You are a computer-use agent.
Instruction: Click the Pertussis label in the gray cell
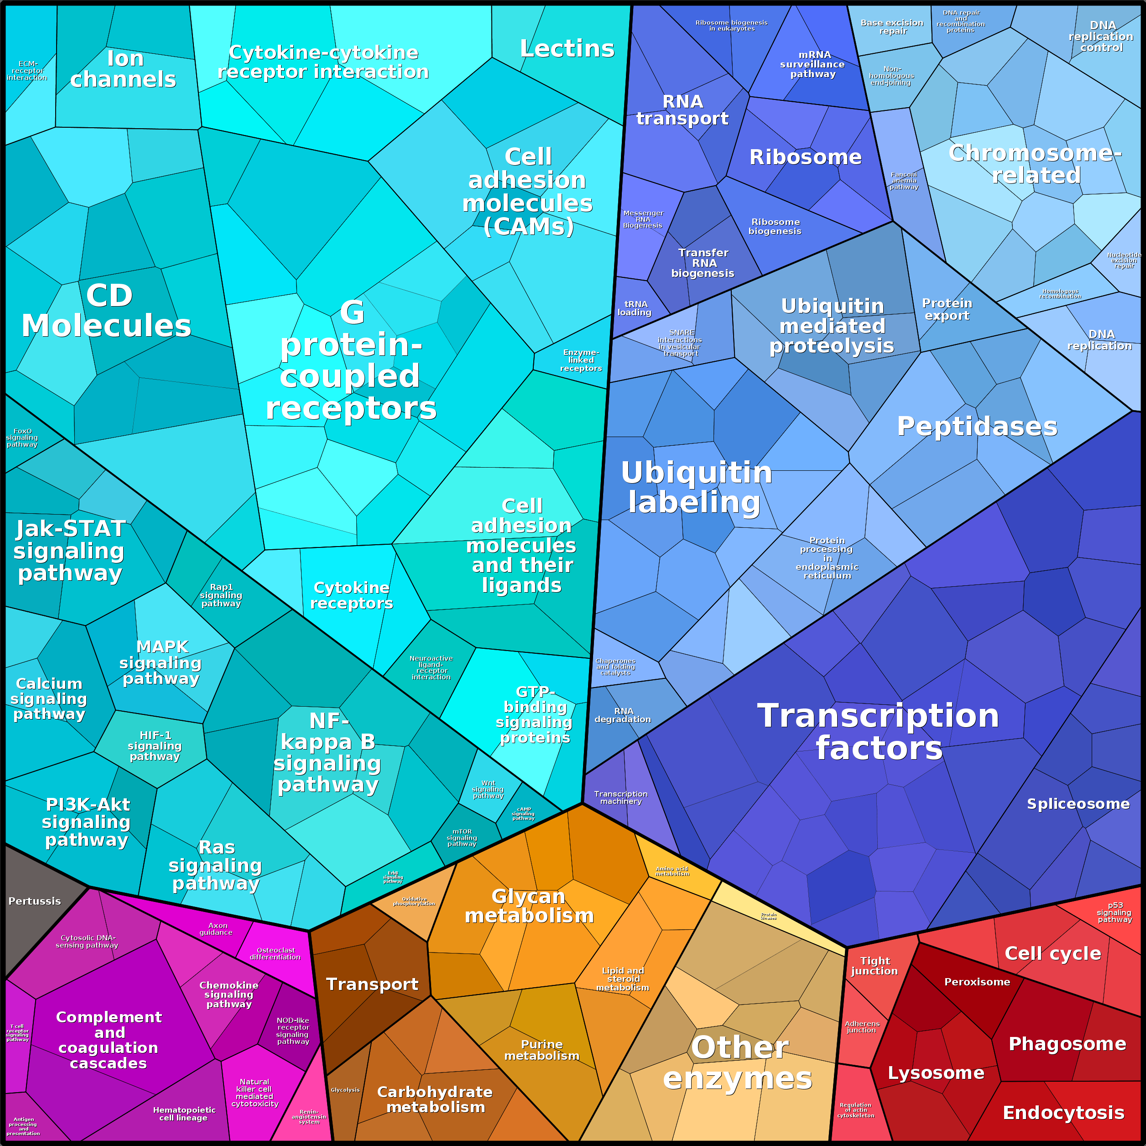coord(34,901)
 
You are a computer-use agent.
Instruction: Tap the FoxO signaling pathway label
coord(22,438)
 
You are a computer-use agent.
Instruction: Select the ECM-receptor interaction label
coord(27,71)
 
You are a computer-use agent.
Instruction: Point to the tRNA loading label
coord(635,308)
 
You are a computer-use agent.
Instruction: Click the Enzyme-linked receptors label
coord(581,360)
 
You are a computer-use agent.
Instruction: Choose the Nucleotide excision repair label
coord(1124,260)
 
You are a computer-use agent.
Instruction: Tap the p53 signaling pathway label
coord(1115,912)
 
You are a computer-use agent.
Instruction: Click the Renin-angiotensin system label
coord(309,1117)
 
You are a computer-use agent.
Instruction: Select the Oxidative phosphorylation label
coord(414,901)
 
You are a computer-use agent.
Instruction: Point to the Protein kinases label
coord(769,917)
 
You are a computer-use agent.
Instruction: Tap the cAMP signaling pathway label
coord(523,813)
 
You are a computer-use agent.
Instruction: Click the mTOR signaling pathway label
coord(462,838)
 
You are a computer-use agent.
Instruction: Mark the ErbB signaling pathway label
coord(393,877)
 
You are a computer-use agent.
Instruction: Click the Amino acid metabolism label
coord(672,871)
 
